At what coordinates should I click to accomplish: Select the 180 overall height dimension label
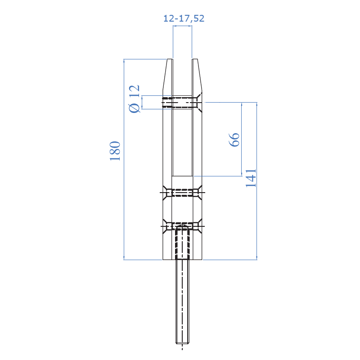click(x=115, y=151)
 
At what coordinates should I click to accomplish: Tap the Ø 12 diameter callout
click(x=134, y=99)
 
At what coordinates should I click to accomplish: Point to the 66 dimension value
click(x=234, y=139)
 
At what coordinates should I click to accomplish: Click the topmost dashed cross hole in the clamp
click(x=182, y=103)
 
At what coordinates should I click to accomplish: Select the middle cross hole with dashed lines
click(x=182, y=193)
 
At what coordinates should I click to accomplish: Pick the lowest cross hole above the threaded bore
click(x=182, y=224)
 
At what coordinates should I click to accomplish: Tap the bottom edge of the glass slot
click(x=182, y=175)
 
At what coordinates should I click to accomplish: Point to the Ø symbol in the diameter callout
click(x=134, y=108)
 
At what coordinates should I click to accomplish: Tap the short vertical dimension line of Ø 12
click(x=142, y=103)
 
